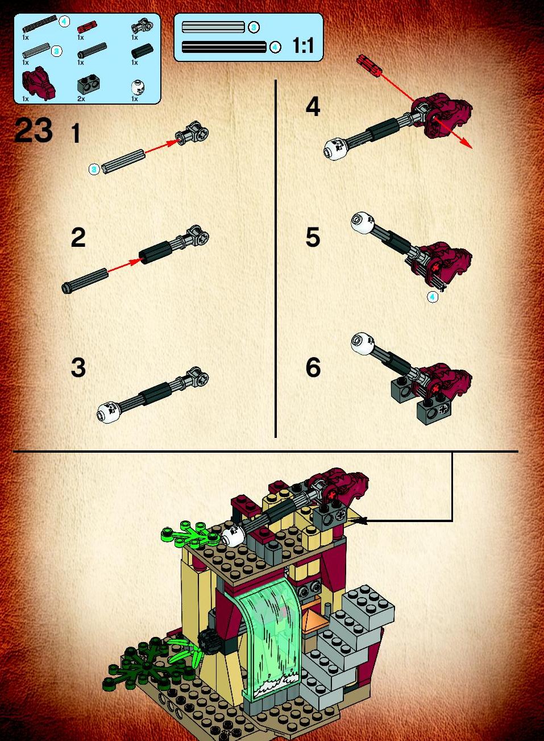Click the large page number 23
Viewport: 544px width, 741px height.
tap(34, 130)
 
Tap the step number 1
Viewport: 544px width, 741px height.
tap(76, 133)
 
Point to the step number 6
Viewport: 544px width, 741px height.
tap(313, 367)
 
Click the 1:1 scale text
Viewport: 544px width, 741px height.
tap(303, 45)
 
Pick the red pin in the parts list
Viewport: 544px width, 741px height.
tap(87, 26)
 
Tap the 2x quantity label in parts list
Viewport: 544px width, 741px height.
tap(81, 99)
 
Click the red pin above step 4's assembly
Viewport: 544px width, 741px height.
tap(369, 65)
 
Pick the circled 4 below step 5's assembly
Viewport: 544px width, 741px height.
tap(433, 297)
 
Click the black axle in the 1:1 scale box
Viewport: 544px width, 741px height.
tap(224, 47)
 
